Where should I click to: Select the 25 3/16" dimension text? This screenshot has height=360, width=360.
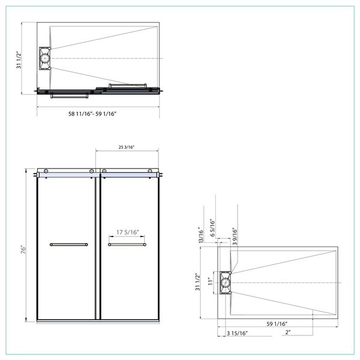pyautogui.click(x=127, y=146)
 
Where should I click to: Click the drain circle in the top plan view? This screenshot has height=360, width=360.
pyautogui.click(x=45, y=58)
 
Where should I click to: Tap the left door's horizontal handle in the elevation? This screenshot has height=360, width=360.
pyautogui.click(x=68, y=245)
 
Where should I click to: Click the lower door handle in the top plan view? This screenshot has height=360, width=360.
pyautogui.click(x=70, y=94)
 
